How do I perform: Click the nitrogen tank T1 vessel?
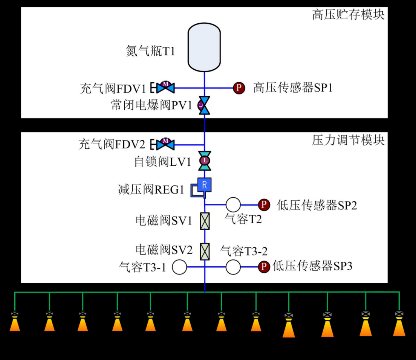(x=204, y=47)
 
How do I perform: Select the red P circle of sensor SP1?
(x=239, y=88)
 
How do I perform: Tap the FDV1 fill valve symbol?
(x=165, y=87)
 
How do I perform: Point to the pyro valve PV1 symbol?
(x=204, y=105)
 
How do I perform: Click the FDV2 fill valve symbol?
(x=165, y=145)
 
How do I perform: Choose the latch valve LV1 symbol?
(x=205, y=161)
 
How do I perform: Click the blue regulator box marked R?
(x=204, y=185)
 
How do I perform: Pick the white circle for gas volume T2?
(x=233, y=204)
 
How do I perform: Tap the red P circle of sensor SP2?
(x=264, y=204)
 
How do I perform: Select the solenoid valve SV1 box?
(x=205, y=221)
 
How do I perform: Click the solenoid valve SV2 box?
(x=205, y=251)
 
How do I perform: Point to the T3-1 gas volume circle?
(x=179, y=267)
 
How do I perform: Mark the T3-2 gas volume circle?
(x=233, y=267)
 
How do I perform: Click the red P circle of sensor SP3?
(x=264, y=267)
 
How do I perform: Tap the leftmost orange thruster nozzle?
(x=15, y=324)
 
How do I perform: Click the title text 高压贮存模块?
(x=348, y=15)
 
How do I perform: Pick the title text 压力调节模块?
(x=348, y=140)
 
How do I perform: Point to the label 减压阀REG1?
(x=151, y=189)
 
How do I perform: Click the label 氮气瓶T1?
(x=150, y=50)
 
